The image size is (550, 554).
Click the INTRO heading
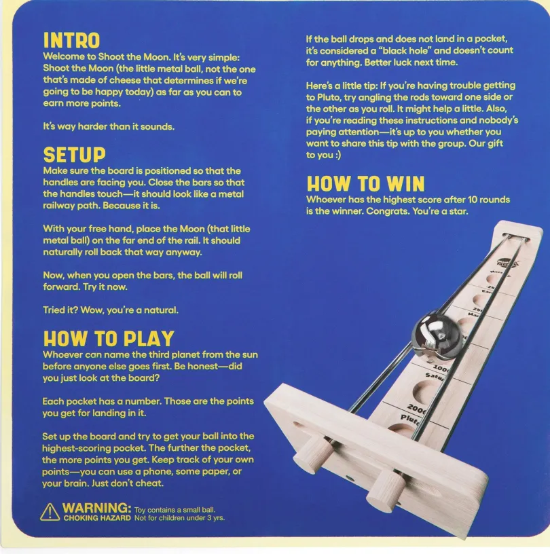tap(71, 40)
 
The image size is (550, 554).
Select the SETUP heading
tap(74, 155)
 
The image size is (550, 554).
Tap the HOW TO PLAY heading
tap(109, 339)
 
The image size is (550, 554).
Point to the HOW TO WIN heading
tap(365, 184)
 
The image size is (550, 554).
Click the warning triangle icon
tap(50, 513)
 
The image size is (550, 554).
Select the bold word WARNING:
tap(97, 508)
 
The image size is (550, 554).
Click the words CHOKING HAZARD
tap(97, 518)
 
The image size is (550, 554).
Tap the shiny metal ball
tap(437, 335)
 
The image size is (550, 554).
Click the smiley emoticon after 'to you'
tap(337, 155)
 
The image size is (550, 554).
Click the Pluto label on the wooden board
tap(410, 419)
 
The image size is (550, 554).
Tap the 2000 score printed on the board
tap(417, 409)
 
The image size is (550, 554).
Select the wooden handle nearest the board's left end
tap(312, 455)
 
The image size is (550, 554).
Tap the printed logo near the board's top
tap(508, 263)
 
